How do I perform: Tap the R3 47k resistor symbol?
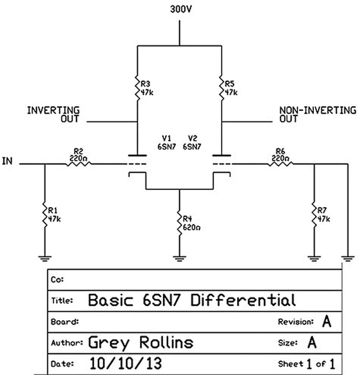click(x=137, y=88)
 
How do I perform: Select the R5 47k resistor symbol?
click(x=222, y=88)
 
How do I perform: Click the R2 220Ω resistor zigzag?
click(x=78, y=164)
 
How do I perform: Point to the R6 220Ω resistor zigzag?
click(x=281, y=164)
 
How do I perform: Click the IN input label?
click(x=7, y=161)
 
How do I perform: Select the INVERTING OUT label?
click(x=53, y=115)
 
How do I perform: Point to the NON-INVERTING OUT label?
click(x=318, y=115)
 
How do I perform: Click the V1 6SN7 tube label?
click(x=166, y=142)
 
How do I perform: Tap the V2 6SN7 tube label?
click(x=192, y=142)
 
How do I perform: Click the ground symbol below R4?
click(x=179, y=259)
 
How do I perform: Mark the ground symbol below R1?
click(x=45, y=259)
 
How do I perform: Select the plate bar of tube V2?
click(x=222, y=155)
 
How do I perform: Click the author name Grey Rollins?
click(x=141, y=342)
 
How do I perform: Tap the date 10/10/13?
click(x=125, y=363)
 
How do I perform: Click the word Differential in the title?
click(x=243, y=300)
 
